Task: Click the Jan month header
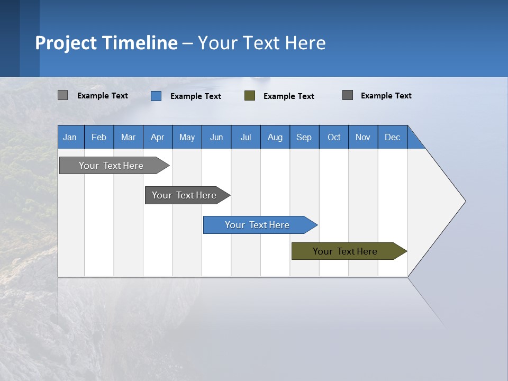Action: coord(70,137)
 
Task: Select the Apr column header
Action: coord(158,137)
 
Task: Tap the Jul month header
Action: coord(246,137)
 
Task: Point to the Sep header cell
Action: coord(304,137)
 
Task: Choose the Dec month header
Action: coord(392,137)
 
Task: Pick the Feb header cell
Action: coord(99,137)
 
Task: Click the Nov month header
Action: coord(363,137)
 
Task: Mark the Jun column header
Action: coord(216,137)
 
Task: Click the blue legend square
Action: coord(156,96)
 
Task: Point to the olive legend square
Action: coord(250,96)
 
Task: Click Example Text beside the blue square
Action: coord(195,96)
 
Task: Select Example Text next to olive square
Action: coord(288,96)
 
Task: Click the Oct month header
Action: coord(334,137)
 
